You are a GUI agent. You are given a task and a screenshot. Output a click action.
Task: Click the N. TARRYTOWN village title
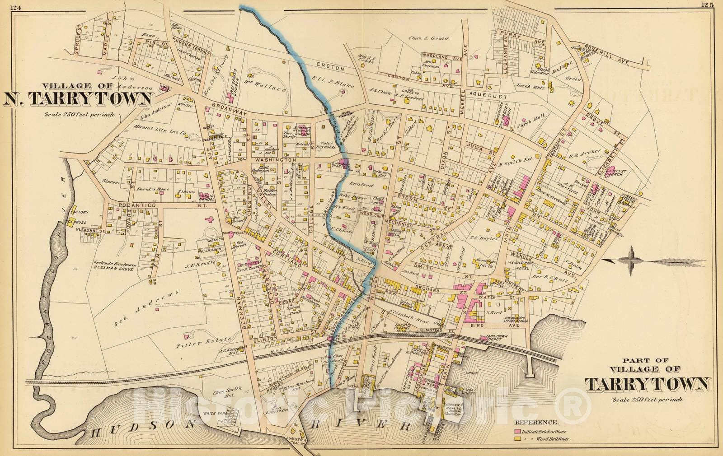78,98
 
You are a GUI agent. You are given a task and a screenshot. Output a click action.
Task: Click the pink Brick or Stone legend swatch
517,431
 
